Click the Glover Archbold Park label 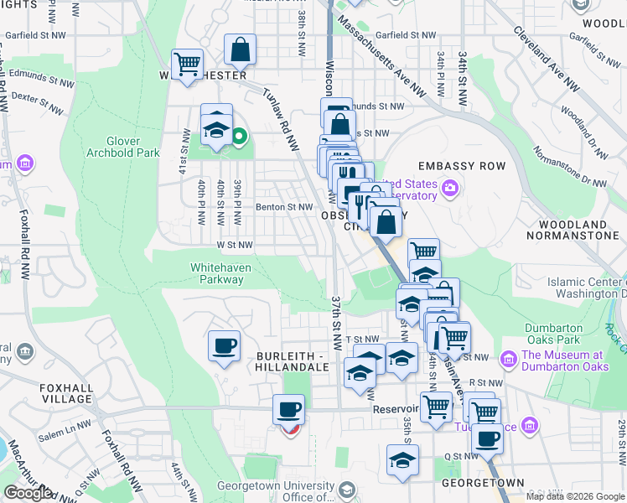pos(132,147)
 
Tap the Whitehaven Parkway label pos(217,273)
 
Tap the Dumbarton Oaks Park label pos(552,334)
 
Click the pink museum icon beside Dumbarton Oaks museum pos(507,360)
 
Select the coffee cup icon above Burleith pos(224,345)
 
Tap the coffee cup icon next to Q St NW pos(486,437)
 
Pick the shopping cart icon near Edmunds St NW pos(187,62)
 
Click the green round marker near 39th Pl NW pos(239,135)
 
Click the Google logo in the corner pos(28,493)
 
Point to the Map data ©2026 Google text pos(574,496)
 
